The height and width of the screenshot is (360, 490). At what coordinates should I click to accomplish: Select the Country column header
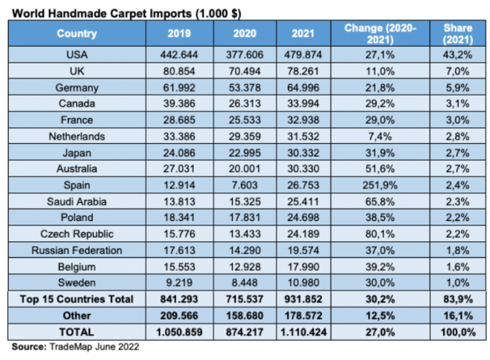77,33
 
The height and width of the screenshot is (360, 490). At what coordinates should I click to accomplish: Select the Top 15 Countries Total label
77,299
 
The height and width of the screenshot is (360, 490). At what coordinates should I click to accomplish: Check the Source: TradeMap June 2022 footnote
72,346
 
